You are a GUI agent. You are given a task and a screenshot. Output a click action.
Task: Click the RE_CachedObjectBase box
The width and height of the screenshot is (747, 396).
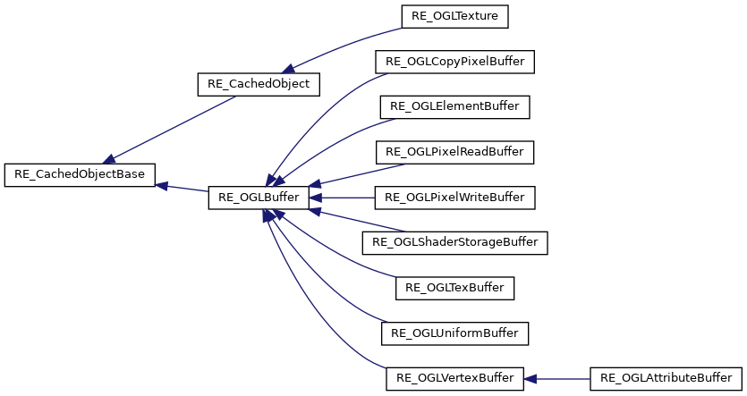tap(81, 174)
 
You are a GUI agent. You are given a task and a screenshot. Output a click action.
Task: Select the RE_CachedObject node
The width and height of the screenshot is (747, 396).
tap(258, 85)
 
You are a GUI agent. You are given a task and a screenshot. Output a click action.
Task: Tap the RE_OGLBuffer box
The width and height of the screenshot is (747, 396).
tap(259, 198)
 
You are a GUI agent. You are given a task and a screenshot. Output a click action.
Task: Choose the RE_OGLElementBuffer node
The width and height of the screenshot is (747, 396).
tap(455, 107)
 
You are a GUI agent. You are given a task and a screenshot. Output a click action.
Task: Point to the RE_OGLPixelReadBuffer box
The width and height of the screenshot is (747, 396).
tap(455, 152)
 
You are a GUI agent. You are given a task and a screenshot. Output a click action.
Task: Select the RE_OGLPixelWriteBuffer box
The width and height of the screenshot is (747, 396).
tap(455, 197)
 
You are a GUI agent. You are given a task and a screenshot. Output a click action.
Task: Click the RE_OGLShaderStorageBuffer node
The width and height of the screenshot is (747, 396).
tap(455, 242)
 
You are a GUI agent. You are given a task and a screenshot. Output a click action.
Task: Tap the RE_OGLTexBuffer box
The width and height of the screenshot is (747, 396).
tap(455, 288)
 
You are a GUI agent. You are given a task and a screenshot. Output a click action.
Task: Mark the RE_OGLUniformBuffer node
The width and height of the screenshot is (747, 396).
tap(455, 333)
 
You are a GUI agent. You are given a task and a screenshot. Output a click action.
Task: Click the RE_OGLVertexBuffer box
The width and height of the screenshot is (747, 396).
tap(454, 378)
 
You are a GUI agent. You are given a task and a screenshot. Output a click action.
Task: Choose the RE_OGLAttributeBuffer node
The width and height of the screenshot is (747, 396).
tap(666, 378)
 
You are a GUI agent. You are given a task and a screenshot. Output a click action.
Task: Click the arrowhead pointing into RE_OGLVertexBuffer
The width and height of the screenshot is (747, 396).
tap(531, 378)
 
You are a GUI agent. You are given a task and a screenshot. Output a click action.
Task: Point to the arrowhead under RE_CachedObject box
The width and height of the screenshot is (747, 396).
tap(288, 69)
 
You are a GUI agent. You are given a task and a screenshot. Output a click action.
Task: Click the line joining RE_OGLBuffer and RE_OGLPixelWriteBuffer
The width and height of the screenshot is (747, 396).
tap(349, 198)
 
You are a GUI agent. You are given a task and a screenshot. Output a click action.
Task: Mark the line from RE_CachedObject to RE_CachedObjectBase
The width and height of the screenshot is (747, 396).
tap(170, 128)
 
